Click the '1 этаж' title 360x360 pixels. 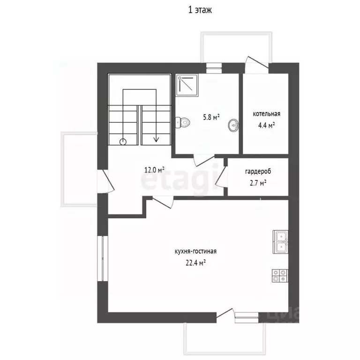point(200,10)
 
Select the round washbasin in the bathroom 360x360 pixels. point(234,125)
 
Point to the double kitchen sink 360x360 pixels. point(280,242)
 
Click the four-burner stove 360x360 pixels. point(280,276)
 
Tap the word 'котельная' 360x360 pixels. point(267,114)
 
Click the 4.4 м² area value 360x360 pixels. point(267,125)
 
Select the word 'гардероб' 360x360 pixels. point(258,172)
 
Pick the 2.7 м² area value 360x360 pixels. point(258,183)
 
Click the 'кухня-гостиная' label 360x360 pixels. point(195,251)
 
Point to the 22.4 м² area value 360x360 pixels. point(195,263)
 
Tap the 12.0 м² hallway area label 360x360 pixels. point(154,170)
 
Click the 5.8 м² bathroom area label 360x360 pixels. point(211,118)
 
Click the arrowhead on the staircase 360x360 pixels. point(157,139)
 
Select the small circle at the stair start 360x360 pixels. point(123,142)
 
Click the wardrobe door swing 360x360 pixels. point(220,176)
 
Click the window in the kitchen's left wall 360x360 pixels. point(103,258)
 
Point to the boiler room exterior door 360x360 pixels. point(257,62)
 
